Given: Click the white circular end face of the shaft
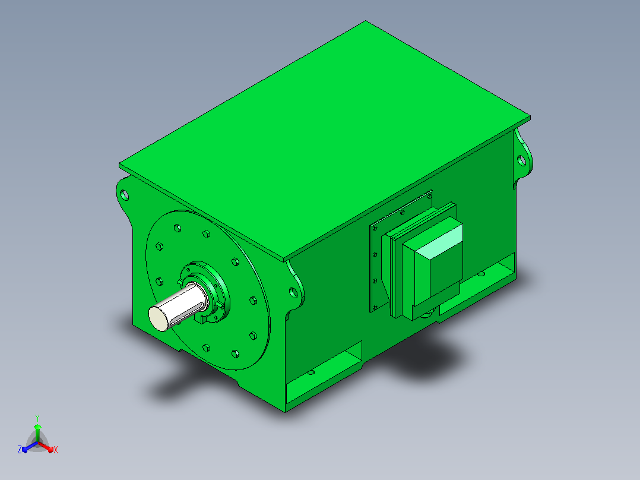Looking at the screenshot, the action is [158, 318].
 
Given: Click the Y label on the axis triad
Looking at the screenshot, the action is [37, 418].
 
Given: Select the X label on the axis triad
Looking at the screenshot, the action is [56, 450].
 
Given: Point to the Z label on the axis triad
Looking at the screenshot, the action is [19, 450].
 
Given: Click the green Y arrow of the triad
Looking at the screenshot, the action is [37, 432].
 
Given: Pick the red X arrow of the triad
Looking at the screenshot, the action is [46, 447].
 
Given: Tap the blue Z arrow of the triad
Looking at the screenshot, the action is [30, 447].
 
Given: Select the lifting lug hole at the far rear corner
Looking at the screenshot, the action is [522, 160].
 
